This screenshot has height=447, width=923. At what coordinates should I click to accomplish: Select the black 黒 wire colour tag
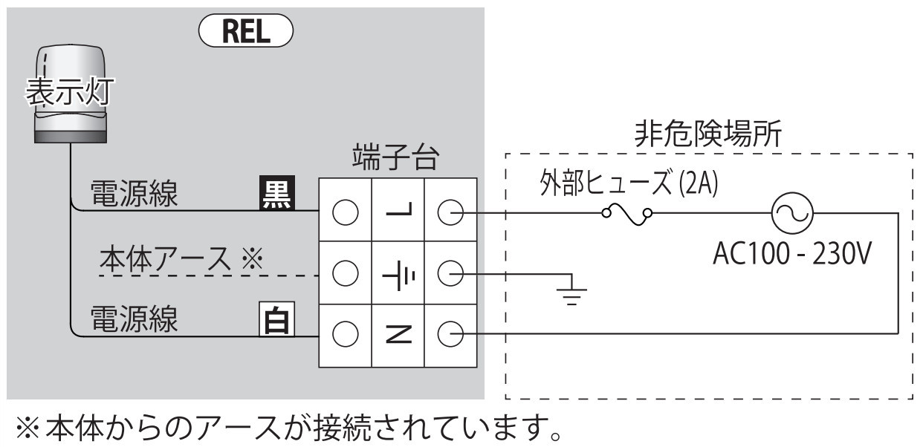pos(275,194)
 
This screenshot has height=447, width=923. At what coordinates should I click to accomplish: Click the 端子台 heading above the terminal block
pos(396,158)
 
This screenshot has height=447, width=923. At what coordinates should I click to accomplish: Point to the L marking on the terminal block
pos(398,215)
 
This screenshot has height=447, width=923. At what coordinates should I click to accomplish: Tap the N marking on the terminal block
pos(398,336)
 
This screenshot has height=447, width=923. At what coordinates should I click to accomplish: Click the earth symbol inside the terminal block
pos(398,275)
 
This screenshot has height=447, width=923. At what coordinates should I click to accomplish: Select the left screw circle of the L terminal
pos(345,215)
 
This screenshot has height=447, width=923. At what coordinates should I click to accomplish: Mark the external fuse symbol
pos(628,215)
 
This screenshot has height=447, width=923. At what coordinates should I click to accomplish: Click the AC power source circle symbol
pos(789,215)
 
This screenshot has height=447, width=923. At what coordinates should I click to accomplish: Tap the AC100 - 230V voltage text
pos(791,256)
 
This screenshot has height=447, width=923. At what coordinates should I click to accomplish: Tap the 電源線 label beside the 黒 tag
pos(134,194)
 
